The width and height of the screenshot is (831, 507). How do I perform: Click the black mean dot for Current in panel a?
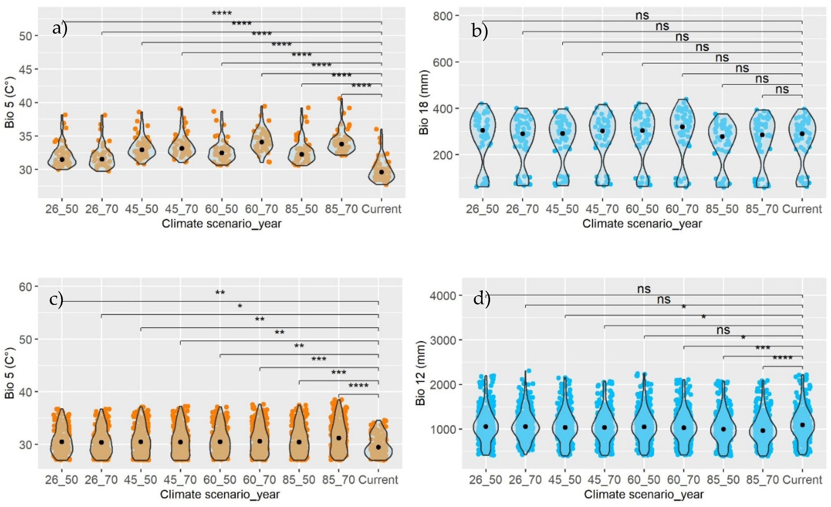coord(381,172)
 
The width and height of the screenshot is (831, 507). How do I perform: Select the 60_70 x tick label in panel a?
coord(261,209)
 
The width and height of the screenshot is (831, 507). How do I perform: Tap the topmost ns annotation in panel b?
coord(642,15)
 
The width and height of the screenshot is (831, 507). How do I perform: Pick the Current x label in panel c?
coord(378,480)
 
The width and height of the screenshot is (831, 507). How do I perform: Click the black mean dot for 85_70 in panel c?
coord(339,438)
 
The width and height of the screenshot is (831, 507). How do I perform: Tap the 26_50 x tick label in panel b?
coord(482,209)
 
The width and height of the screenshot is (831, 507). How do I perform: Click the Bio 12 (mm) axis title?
coord(421,373)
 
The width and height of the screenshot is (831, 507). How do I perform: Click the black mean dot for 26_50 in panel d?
coord(486,427)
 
